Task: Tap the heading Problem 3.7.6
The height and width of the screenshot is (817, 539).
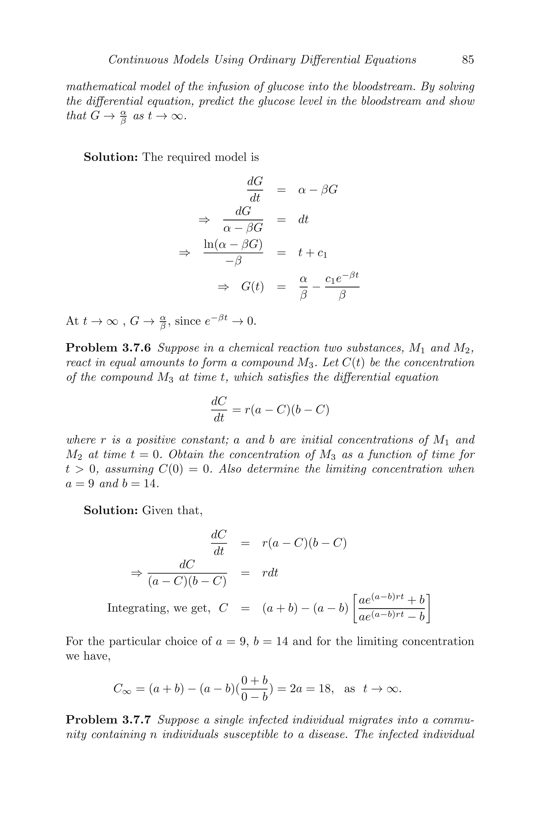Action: pos(108,348)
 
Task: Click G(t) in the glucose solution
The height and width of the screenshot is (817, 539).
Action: pos(252,287)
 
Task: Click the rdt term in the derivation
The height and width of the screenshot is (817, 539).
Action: pos(270,573)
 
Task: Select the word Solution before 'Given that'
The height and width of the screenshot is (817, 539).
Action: pos(111,510)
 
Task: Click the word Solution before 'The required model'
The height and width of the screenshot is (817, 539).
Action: pos(111,157)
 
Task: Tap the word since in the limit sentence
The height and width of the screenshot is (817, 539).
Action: pos(188,321)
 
